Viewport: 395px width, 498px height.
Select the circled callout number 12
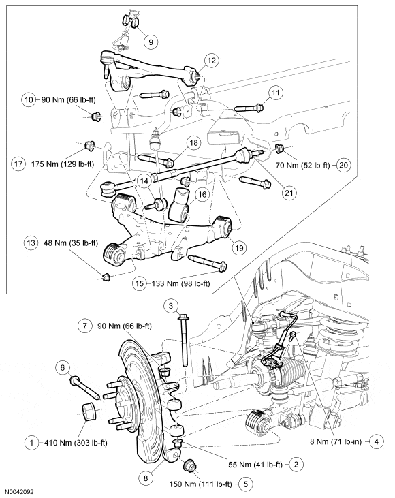pos(212,61)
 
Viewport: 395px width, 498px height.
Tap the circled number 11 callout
pos(275,92)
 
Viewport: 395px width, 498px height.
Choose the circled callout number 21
pos(290,193)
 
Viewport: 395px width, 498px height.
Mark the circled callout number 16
pos(201,194)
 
